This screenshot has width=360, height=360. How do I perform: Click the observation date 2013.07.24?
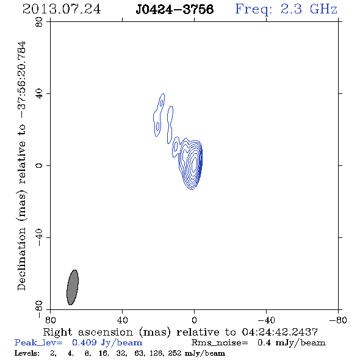(62, 9)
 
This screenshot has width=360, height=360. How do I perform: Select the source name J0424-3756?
(175, 9)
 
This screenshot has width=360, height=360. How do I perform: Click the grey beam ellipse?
(73, 287)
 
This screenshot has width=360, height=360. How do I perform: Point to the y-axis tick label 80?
(39, 22)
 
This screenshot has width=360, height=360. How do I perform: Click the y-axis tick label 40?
(39, 94)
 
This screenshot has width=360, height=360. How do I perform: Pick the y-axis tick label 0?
(39, 165)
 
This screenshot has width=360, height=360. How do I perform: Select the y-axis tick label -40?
(39, 237)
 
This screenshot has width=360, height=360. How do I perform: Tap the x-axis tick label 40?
(122, 320)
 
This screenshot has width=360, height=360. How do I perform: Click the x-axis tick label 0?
(194, 320)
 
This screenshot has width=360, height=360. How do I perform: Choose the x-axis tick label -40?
(266, 320)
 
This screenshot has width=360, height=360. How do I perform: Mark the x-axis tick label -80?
(338, 320)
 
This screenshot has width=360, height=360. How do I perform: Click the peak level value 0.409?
(84, 342)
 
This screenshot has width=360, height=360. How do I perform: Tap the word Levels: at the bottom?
(27, 353)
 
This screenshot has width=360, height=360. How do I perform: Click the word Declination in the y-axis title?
(21, 259)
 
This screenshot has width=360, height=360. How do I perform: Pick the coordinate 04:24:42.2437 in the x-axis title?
(279, 332)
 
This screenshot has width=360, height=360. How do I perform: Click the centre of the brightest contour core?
(194, 164)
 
